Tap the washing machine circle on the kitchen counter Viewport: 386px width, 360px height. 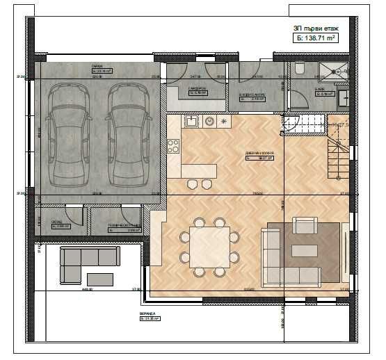(x=209, y=121)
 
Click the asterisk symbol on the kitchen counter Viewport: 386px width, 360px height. (x=224, y=121)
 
